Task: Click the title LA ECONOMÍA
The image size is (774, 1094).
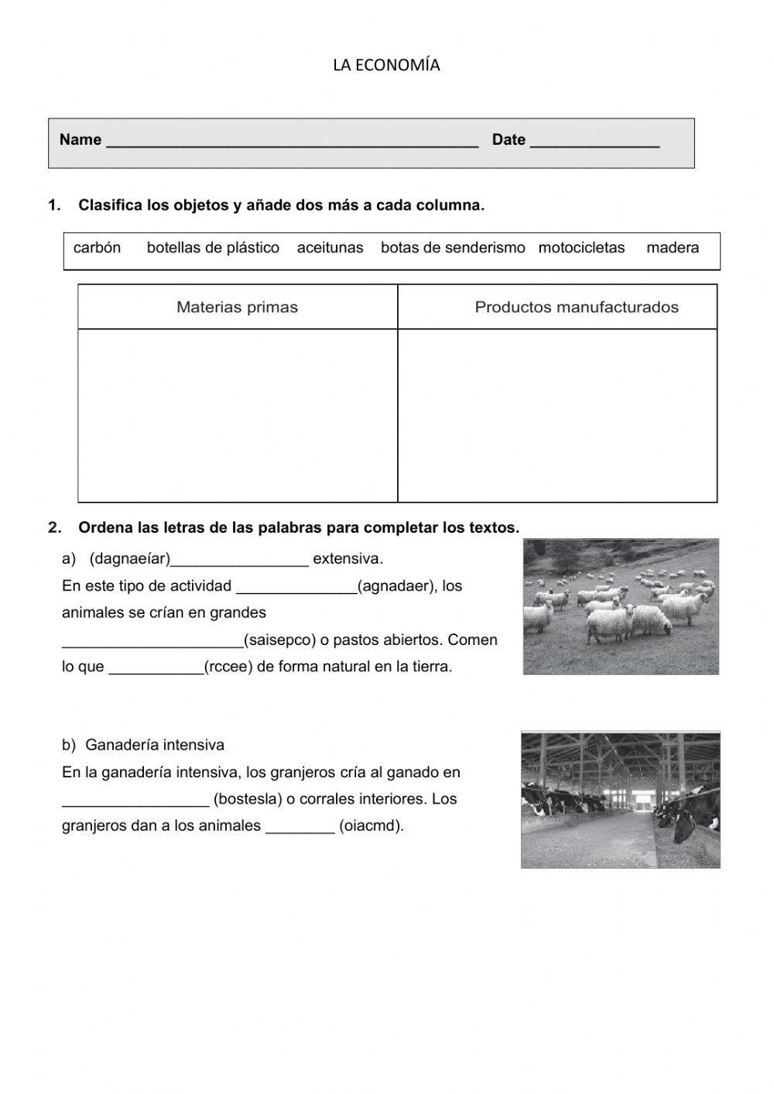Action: coord(386,66)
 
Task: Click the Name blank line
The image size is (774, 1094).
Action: coord(292,142)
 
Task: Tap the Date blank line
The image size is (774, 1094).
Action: coord(594,142)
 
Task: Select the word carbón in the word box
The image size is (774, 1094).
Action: coord(97,248)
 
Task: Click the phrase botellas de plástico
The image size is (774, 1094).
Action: coord(213,248)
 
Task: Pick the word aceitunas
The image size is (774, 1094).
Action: coord(330,248)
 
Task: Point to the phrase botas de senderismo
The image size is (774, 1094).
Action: coord(453,248)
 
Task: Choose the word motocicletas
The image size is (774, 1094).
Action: coord(581,248)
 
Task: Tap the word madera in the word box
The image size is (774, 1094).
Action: coord(673,248)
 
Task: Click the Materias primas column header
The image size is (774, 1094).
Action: coord(237,307)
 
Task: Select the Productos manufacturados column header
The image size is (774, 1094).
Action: coord(576,307)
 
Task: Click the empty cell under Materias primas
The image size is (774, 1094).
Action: coord(237,415)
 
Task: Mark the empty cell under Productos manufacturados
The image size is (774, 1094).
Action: coord(557,415)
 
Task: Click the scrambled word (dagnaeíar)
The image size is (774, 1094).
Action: coord(130,559)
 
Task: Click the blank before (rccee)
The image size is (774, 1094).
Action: coord(156,667)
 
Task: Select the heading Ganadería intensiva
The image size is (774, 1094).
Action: coord(154,746)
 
